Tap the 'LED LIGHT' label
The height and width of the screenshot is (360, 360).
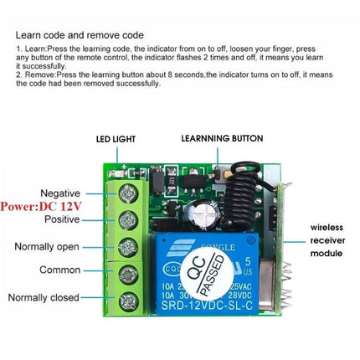coord(114,139)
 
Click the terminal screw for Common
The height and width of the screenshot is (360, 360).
coord(127,272)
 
